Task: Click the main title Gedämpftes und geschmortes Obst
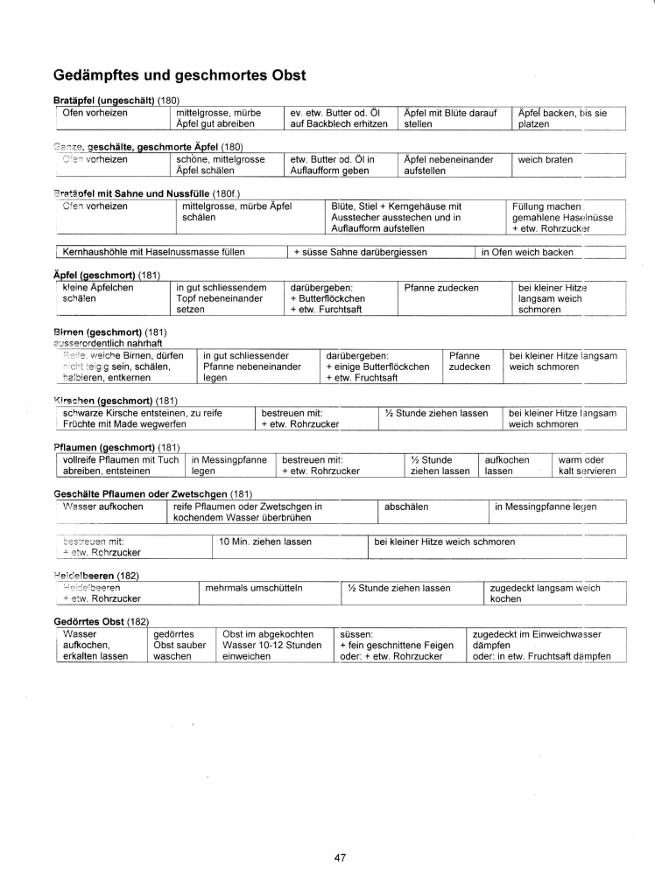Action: click(x=180, y=75)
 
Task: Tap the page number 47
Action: click(x=340, y=857)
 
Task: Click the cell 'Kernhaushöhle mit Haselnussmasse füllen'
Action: click(x=154, y=252)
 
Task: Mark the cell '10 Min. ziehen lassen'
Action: click(x=265, y=542)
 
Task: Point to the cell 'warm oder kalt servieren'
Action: click(x=587, y=465)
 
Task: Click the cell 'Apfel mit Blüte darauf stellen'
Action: click(x=451, y=118)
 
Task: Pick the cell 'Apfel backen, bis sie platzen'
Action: click(x=562, y=118)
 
